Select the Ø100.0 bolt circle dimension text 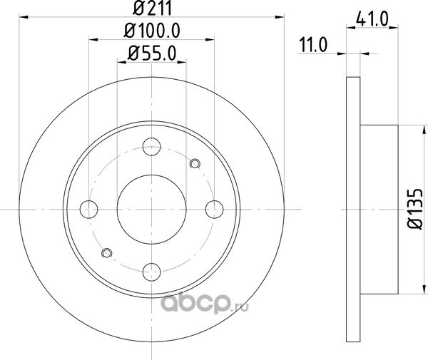pos(152,30)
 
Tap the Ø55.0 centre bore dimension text pos(152,53)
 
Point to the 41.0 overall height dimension pos(372,19)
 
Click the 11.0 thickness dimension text pos(313,45)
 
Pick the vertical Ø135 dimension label pos(415,208)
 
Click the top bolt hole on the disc pos(151,147)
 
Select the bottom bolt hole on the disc pos(151,272)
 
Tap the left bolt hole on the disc pos(88,209)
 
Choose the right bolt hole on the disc pos(214,209)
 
